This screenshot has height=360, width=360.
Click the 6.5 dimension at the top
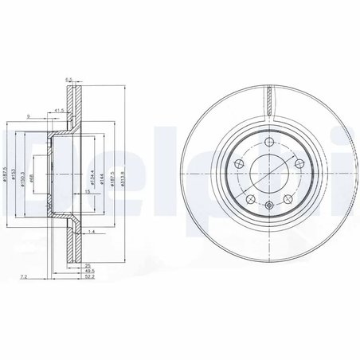coord(69,80)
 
